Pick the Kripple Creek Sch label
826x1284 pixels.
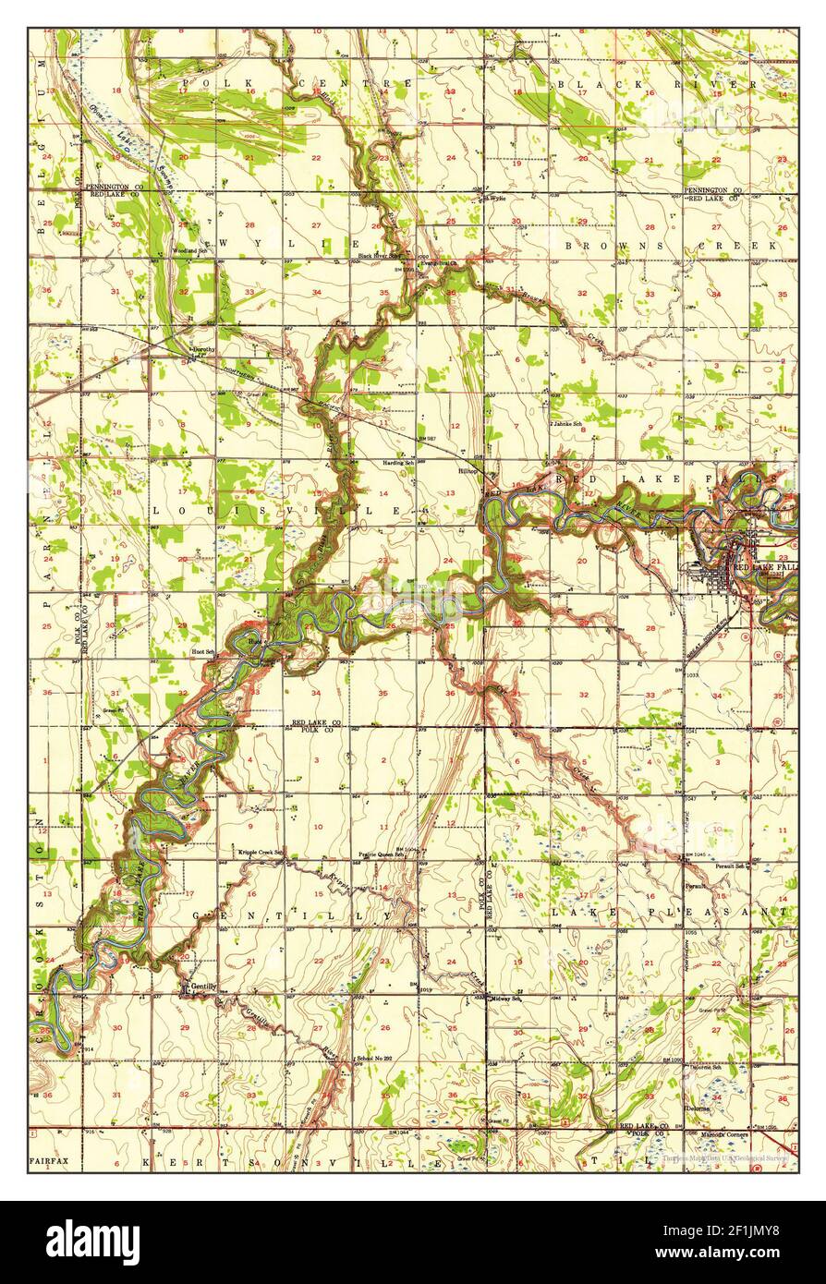(x=261, y=852)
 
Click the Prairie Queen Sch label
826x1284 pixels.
(x=383, y=854)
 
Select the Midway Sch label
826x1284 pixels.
(x=506, y=999)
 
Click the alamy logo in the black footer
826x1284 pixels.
(x=94, y=1241)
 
